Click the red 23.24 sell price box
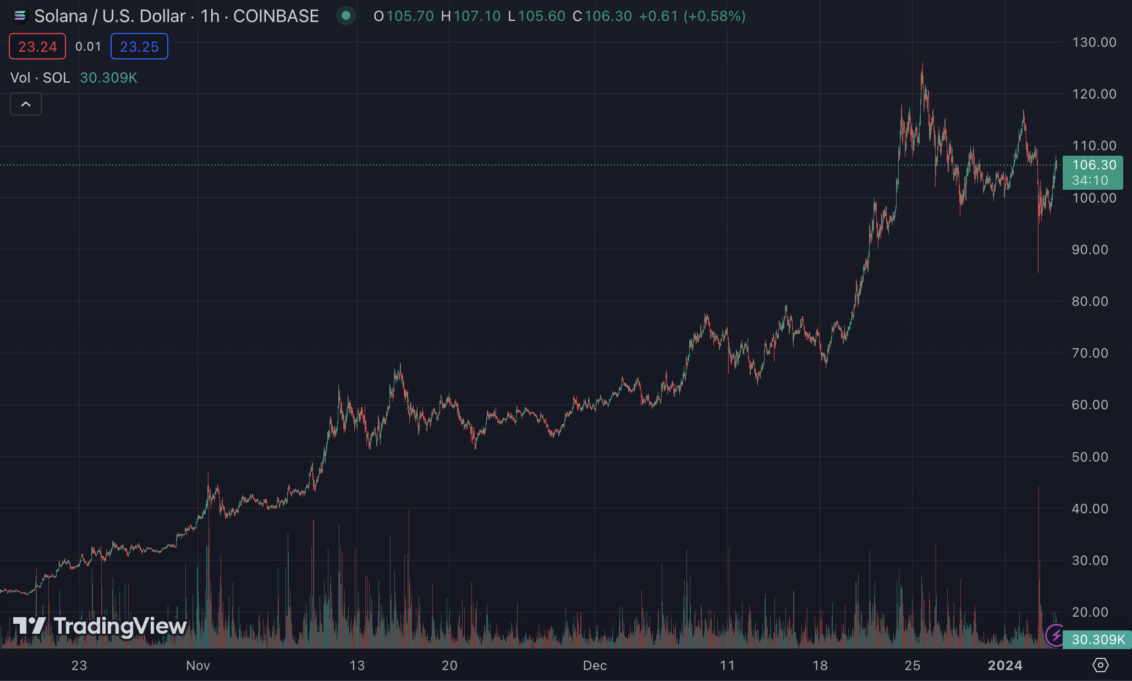[37, 47]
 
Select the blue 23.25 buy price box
[139, 47]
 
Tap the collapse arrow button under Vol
[26, 104]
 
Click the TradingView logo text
[120, 626]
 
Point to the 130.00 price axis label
[1094, 42]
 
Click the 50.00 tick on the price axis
[1090, 457]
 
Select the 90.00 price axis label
[1090, 250]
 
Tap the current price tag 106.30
[1093, 165]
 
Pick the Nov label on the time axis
[198, 666]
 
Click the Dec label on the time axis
[595, 666]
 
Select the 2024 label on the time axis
[1005, 666]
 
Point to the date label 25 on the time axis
[913, 666]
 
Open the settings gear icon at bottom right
[1100, 665]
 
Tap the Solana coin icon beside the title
[20, 16]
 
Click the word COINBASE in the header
[276, 16]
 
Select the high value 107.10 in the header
[477, 16]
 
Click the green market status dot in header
[346, 16]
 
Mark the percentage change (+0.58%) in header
[715, 16]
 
